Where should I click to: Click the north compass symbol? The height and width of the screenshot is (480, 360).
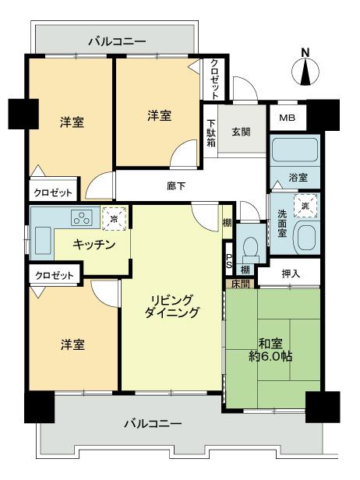click(x=305, y=71)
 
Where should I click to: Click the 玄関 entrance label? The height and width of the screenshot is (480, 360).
click(x=241, y=132)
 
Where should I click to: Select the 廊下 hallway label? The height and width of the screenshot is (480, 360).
click(x=175, y=186)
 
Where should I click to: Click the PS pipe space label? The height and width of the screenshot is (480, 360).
click(x=229, y=259)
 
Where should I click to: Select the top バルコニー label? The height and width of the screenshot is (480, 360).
click(x=116, y=41)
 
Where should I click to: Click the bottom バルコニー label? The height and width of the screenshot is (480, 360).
click(x=154, y=425)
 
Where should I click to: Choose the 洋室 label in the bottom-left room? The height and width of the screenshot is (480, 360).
click(x=72, y=344)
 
